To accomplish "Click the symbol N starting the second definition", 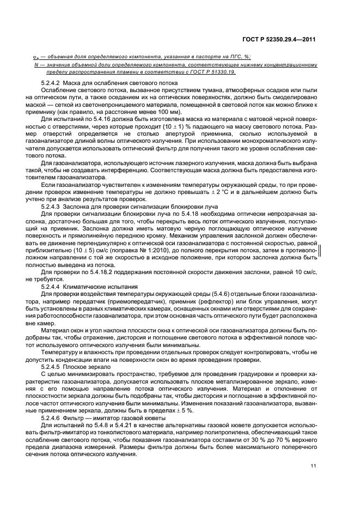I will (x=35, y=64).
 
